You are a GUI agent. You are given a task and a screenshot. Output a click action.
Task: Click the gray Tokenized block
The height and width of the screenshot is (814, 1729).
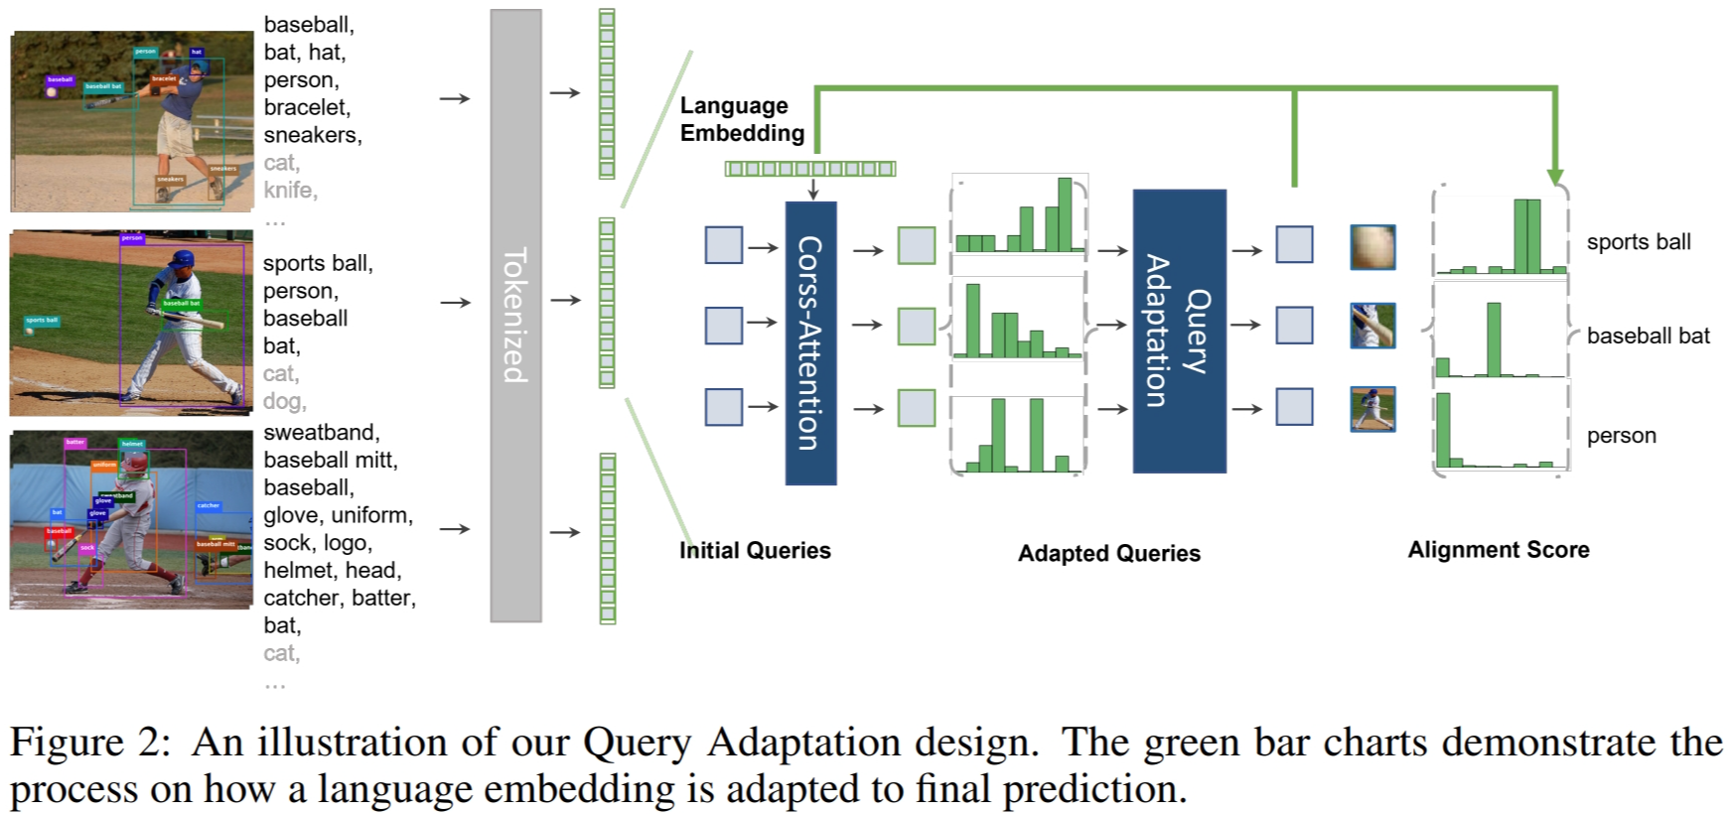click(515, 316)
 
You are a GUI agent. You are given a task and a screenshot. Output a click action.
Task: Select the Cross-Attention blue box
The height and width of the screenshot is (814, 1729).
click(810, 342)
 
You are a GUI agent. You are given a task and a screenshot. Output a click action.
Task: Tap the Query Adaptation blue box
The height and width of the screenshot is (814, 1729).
click(1179, 331)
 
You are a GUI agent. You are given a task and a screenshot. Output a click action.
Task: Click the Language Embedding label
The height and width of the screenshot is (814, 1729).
click(741, 119)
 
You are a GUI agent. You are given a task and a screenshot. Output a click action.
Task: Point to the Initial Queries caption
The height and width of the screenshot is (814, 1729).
click(755, 551)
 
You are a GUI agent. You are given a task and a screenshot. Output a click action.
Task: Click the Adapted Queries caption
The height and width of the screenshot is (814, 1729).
click(1108, 554)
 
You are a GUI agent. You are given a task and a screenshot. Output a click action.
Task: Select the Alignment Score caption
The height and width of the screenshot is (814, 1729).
click(1498, 550)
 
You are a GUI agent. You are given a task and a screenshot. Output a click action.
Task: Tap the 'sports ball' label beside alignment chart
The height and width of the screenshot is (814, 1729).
click(1638, 242)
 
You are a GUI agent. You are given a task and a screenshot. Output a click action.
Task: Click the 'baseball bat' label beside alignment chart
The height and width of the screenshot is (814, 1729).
click(1648, 336)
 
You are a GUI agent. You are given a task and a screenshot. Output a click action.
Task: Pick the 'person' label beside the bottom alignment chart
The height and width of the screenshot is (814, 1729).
click(1621, 436)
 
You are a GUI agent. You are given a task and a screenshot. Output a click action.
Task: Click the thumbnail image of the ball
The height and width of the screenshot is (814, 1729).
click(1372, 247)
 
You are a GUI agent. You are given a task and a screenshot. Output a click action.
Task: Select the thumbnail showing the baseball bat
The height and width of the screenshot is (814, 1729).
click(1372, 326)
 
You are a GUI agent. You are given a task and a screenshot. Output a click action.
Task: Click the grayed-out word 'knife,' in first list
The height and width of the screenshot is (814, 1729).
click(290, 190)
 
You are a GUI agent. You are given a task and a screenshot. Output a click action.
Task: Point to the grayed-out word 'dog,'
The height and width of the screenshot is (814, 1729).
click(284, 401)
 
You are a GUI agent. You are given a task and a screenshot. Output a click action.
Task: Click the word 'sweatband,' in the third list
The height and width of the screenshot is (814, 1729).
click(321, 433)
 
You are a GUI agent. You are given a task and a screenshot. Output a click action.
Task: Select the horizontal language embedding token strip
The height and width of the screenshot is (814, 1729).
click(809, 169)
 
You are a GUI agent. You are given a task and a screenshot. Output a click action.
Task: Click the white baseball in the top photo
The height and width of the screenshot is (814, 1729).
click(52, 91)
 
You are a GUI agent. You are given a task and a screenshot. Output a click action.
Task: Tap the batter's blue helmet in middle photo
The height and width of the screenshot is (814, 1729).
click(183, 260)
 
